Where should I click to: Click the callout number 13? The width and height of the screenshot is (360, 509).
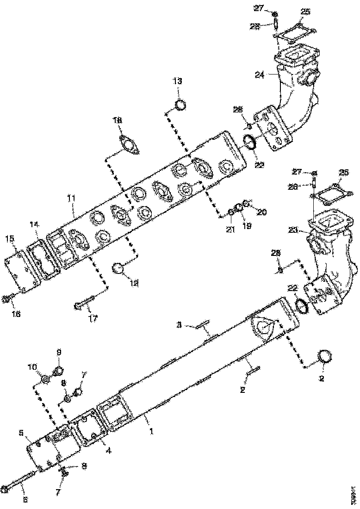point(178,81)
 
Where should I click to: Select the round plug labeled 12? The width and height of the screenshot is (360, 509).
point(120,268)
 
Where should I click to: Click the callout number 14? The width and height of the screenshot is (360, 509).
point(34,224)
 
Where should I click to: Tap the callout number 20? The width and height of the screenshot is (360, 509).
point(261,212)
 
